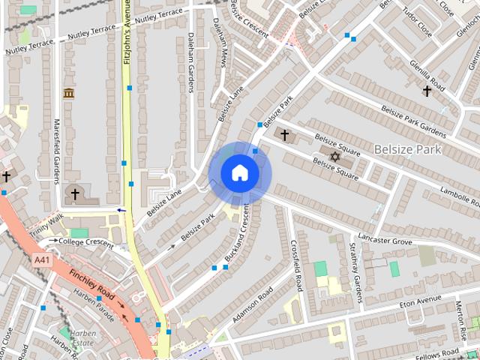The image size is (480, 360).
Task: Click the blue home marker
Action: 239,173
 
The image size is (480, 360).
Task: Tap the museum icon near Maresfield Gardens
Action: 69,93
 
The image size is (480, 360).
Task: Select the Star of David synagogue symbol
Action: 335,156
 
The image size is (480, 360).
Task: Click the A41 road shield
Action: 43,259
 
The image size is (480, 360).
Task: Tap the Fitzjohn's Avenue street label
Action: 127,41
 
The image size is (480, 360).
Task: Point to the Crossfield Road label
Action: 297,265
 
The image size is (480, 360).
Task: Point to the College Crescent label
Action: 86,242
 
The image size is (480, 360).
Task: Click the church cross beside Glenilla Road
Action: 427,91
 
